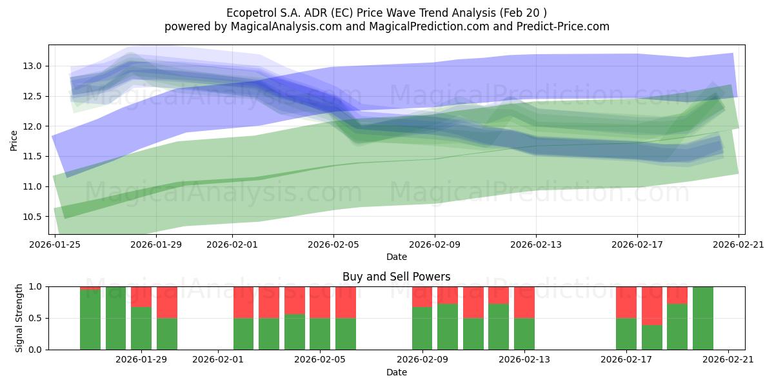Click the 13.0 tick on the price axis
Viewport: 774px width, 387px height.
coord(32,66)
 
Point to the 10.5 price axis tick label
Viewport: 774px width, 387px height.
coord(32,217)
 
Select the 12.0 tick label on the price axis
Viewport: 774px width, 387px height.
coord(32,126)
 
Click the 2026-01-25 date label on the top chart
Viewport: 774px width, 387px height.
coord(55,244)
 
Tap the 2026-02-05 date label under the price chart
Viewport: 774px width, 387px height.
coord(333,244)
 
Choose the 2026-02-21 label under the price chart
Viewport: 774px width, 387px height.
coord(739,244)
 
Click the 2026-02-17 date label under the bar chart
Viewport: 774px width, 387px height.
coord(626,359)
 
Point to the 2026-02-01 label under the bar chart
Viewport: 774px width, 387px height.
coord(218,359)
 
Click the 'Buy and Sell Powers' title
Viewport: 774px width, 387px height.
coord(396,277)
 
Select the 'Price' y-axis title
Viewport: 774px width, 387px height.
coord(14,141)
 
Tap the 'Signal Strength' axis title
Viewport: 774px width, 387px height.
coord(19,318)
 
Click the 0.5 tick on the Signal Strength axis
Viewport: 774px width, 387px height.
coord(35,318)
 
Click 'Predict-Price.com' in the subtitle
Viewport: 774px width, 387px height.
coord(563,26)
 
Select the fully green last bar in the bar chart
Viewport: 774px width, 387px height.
coord(703,318)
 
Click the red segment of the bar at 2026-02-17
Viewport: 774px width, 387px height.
coord(626,303)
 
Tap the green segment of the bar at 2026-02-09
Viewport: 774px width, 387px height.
coord(422,328)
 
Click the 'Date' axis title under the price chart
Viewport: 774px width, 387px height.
coord(396,257)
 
